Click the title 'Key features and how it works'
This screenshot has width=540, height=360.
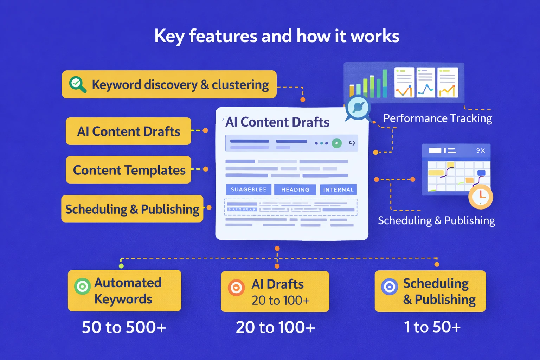click(277, 36)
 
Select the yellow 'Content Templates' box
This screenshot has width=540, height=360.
click(129, 170)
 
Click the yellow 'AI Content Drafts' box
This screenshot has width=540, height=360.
click(129, 131)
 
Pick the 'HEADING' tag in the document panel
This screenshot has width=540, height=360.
click(295, 189)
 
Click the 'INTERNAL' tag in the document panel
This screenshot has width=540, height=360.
click(338, 189)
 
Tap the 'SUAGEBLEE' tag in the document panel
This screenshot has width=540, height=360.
click(249, 189)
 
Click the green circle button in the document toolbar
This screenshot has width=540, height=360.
click(337, 143)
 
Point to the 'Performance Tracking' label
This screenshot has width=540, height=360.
click(437, 118)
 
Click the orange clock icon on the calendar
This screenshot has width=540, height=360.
click(481, 197)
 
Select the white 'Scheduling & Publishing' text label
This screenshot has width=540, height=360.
click(436, 220)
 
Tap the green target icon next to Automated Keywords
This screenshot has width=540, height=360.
click(83, 286)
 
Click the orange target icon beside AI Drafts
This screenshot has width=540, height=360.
click(236, 288)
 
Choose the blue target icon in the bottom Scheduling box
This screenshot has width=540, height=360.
click(390, 287)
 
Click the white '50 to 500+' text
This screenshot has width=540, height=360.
click(124, 327)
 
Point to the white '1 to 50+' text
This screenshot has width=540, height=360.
click(432, 327)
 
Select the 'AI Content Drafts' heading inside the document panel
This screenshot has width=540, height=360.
click(277, 122)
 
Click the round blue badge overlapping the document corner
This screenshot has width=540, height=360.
click(358, 107)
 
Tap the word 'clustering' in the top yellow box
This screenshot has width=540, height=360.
click(240, 85)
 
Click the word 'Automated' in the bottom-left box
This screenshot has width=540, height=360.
click(128, 283)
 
